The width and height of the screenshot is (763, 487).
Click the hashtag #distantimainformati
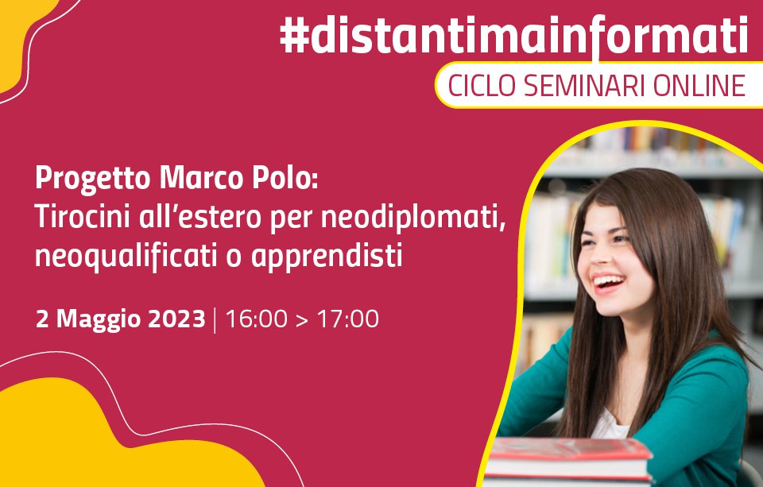[x=514, y=35]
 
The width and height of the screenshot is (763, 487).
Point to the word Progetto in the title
[x=93, y=180]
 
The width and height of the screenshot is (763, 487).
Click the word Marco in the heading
[x=201, y=178]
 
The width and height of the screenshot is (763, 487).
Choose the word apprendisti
[x=327, y=257]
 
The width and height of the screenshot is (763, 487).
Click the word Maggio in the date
[x=99, y=320]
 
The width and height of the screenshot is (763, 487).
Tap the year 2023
[x=176, y=319]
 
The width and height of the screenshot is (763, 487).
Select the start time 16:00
[x=256, y=319]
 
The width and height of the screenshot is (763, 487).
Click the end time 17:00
[x=348, y=319]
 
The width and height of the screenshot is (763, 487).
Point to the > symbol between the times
[x=302, y=320]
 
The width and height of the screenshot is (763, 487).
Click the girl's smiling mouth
[x=608, y=282]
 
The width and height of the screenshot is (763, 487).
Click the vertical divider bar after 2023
[x=215, y=319]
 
